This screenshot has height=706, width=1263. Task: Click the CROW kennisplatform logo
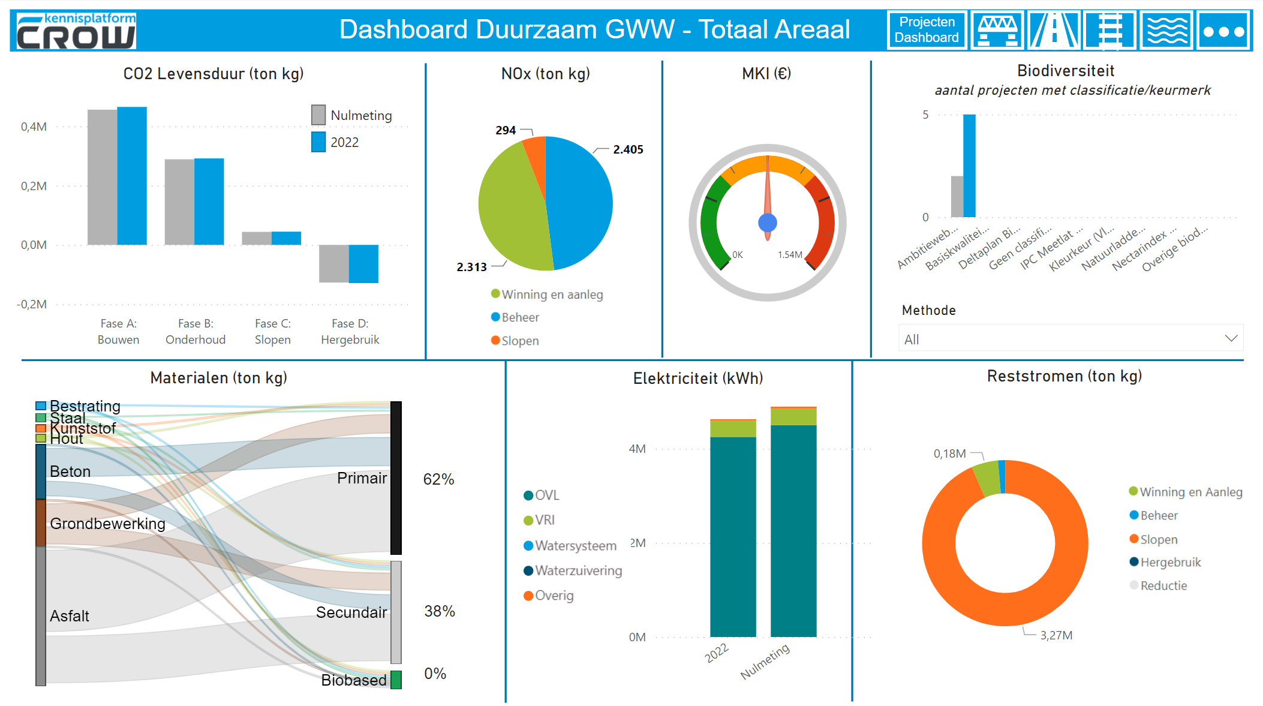76,31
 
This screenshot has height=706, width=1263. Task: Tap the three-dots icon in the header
1223,31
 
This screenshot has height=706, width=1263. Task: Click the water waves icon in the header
1166,31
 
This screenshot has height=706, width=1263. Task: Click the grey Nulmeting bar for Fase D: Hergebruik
333,263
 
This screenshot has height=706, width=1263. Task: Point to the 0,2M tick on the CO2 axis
34,186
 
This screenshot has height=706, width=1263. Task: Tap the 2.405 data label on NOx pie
628,149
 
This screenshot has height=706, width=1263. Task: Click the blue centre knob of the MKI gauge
768,223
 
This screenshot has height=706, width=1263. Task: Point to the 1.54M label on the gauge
789,255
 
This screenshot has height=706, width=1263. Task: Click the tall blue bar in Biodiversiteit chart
969,166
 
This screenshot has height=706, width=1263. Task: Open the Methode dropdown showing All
1070,339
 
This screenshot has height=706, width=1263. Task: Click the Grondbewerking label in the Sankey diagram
107,524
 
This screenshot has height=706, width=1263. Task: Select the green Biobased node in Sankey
396,680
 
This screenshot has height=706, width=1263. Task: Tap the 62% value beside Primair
438,479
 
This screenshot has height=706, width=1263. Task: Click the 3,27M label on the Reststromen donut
1055,635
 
